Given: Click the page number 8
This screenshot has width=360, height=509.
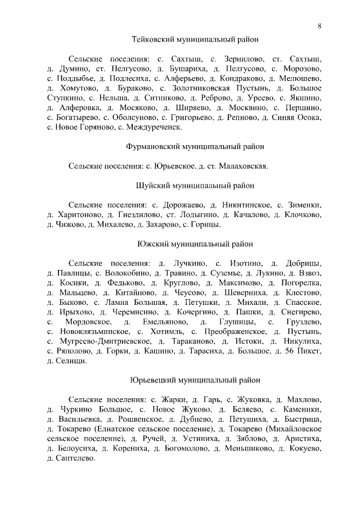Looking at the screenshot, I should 319,25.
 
